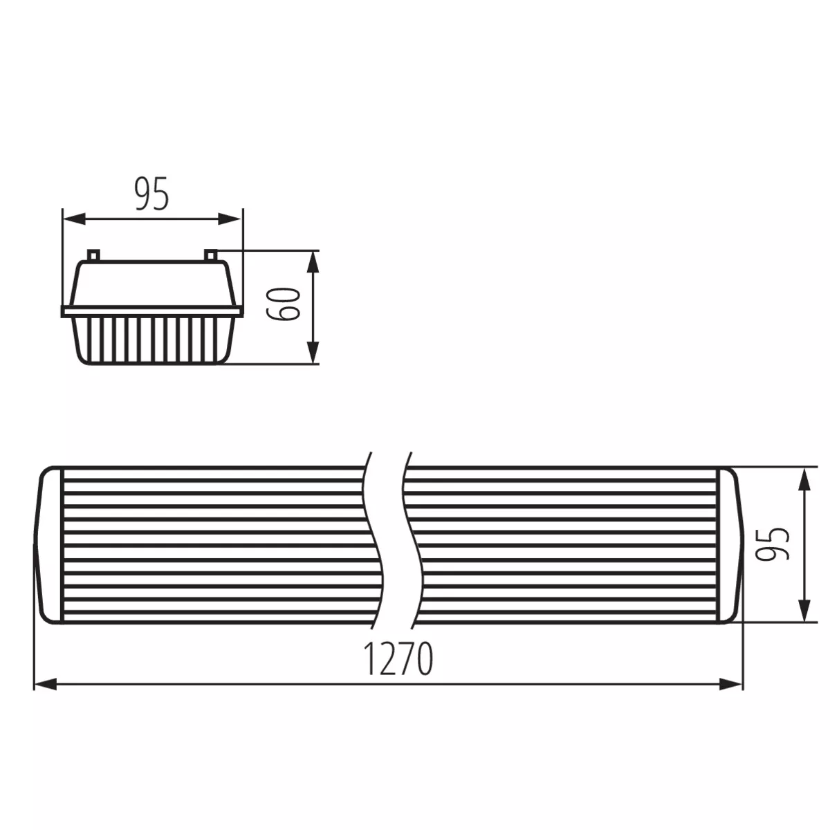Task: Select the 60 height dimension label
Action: (284, 303)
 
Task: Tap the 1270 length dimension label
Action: (398, 659)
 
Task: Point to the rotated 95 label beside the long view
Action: (772, 544)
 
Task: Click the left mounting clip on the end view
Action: (93, 255)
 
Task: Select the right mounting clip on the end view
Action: (211, 255)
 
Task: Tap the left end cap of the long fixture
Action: (50, 545)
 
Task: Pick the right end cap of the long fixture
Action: (732, 545)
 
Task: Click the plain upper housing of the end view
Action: (152, 284)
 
